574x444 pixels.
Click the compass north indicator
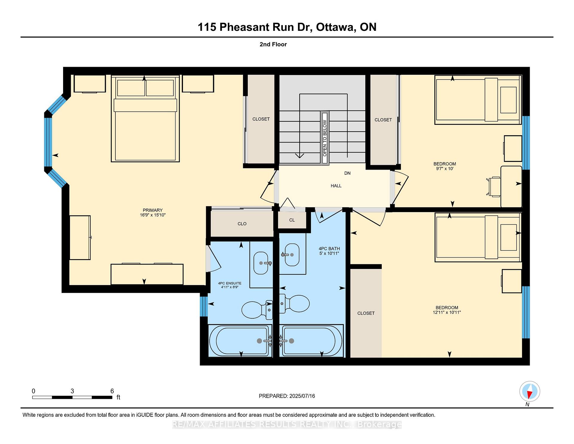529,391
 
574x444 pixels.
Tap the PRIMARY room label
152,210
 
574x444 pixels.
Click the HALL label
336,186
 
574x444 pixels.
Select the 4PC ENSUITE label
230,283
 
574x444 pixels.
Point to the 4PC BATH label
329,248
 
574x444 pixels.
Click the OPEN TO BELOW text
325,138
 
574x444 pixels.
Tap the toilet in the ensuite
257,310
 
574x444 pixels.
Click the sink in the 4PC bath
292,255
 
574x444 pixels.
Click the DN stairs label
347,173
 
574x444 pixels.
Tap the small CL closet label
292,220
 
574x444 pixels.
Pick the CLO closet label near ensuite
242,224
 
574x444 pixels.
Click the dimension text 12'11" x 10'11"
447,312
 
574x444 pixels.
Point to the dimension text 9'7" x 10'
445,169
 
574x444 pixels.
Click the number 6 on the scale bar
112,391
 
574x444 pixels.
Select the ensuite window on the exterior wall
204,306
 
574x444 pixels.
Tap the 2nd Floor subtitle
273,44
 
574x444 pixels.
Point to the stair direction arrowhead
300,155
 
